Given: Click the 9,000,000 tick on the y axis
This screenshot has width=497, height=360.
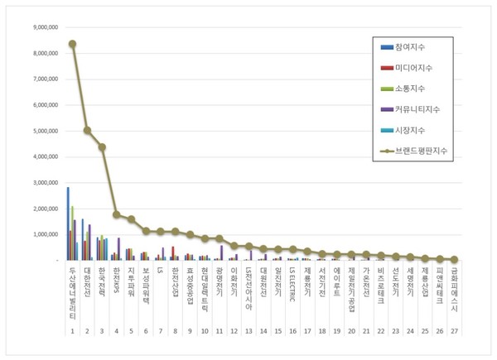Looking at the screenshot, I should pyautogui.click(x=41, y=27).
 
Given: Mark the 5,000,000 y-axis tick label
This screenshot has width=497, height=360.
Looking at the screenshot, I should pyautogui.click(x=41, y=131).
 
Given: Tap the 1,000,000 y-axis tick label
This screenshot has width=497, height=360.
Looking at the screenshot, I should pyautogui.click(x=41, y=234).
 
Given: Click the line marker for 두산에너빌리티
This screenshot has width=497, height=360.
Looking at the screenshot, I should pyautogui.click(x=72, y=44).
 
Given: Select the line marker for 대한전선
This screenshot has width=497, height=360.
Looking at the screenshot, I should pyautogui.click(x=87, y=130).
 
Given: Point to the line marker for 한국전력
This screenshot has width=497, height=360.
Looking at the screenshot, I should pyautogui.click(x=102, y=147).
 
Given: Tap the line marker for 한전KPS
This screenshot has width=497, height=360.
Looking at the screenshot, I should pyautogui.click(x=117, y=214).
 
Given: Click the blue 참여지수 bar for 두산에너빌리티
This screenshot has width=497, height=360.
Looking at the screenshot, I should pyautogui.click(x=68, y=223).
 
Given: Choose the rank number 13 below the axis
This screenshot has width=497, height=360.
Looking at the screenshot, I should pyautogui.click(x=248, y=330).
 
